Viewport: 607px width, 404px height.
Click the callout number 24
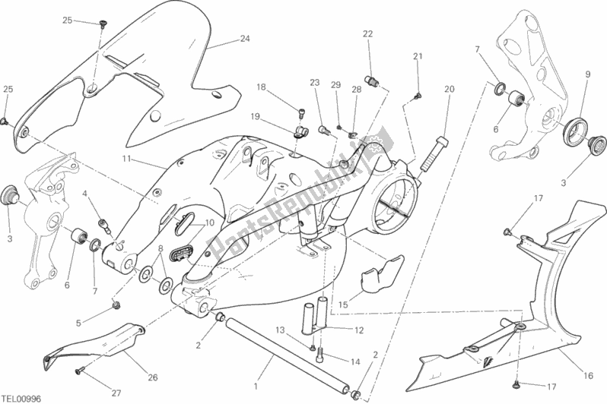pyautogui.click(x=244, y=39)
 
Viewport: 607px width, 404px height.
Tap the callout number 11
pyautogui.click(x=127, y=159)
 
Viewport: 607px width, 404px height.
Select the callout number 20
pyautogui.click(x=449, y=89)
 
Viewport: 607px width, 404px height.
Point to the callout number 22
pyautogui.click(x=367, y=34)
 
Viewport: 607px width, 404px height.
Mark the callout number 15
pyautogui.click(x=343, y=305)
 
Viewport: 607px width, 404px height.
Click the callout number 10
pyautogui.click(x=208, y=223)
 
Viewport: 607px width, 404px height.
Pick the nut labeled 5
pyautogui.click(x=116, y=305)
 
